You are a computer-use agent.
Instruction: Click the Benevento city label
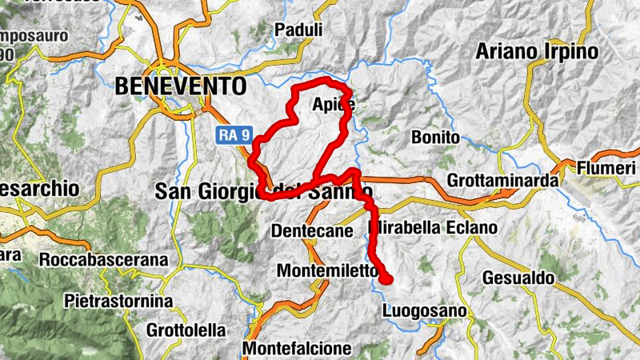[x=180, y=86]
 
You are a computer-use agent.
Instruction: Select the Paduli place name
[x=298, y=30]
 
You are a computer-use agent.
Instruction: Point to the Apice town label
[x=333, y=105]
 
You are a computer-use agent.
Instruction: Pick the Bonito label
[x=435, y=138]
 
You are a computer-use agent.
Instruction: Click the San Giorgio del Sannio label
[x=263, y=192]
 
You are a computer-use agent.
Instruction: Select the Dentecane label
[x=312, y=230]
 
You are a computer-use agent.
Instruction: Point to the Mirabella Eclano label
[x=434, y=228]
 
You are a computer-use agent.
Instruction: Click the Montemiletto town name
[x=326, y=271]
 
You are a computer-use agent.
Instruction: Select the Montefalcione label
[x=297, y=349]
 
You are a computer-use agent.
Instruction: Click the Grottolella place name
[x=186, y=330]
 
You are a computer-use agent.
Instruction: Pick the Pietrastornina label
[x=118, y=302]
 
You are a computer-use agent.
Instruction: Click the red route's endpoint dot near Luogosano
[x=386, y=278]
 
